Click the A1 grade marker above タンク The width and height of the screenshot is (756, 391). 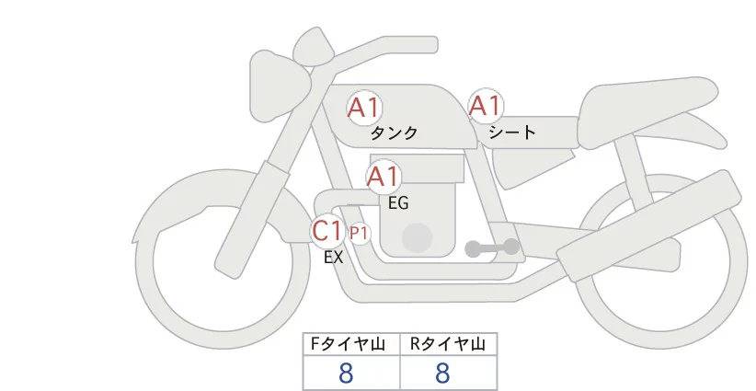[364, 108]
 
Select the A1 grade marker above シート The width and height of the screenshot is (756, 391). [485, 107]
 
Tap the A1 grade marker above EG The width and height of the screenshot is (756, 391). [384, 177]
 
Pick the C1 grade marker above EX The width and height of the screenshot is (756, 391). [327, 230]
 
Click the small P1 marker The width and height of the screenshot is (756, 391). [359, 234]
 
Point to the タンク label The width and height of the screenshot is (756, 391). [394, 133]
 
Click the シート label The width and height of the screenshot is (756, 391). [512, 132]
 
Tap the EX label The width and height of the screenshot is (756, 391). [333, 258]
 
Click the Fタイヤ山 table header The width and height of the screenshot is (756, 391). [352, 344]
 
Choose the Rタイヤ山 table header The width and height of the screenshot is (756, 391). [448, 344]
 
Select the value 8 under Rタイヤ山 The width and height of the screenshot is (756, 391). [442, 374]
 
